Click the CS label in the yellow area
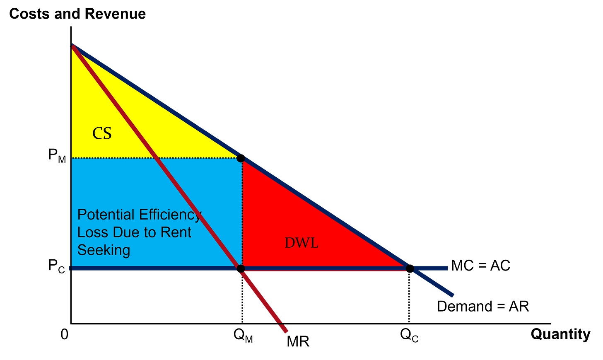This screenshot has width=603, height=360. pos(102,133)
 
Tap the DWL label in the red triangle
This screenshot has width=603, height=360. pos(301,243)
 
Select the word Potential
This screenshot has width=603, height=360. pos(106,215)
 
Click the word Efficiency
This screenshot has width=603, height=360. pos(170,215)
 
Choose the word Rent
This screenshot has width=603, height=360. pos(176,232)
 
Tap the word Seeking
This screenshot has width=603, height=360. pos(104,250)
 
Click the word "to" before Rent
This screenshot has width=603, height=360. pos(151,232)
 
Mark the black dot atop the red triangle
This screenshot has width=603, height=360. pos(240,158)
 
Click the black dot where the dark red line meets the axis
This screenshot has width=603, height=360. pos(240,269)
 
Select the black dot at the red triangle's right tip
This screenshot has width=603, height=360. pos(410,269)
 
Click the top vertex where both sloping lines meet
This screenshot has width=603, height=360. pos(73,45)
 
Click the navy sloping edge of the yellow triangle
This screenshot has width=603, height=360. pos(157,102)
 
